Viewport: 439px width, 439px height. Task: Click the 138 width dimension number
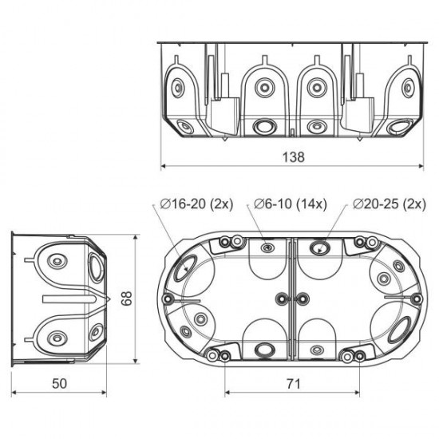293,156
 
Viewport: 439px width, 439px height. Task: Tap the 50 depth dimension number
60,383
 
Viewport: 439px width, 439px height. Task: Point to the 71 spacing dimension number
293,383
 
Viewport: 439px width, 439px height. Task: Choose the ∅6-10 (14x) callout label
290,204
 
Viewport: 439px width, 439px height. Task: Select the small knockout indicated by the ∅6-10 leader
266,248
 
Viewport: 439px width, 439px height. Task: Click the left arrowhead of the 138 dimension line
164,166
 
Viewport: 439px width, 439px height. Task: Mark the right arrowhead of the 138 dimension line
420,166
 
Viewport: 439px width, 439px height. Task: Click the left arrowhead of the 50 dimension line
14,393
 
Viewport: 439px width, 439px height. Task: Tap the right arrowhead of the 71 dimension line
358,393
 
